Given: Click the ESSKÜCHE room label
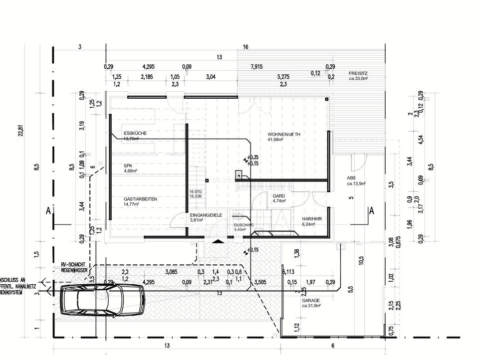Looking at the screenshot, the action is point(135,134).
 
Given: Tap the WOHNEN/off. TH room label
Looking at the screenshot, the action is point(284,135).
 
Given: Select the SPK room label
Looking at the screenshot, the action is point(128,166).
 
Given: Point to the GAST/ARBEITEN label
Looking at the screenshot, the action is point(140,199).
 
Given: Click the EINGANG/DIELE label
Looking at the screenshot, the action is point(203,215).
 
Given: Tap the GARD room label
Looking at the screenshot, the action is point(278,196).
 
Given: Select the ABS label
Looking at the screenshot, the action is point(351,178).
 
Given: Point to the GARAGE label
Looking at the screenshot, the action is point(310,301).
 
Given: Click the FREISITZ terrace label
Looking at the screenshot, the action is point(358,73).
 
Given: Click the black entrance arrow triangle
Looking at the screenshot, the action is point(218,242).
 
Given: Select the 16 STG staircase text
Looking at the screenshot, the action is point(195,191).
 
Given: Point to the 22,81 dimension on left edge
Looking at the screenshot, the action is point(20,130).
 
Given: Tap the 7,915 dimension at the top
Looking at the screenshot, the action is point(257,66).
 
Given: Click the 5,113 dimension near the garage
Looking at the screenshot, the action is point(288,272).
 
